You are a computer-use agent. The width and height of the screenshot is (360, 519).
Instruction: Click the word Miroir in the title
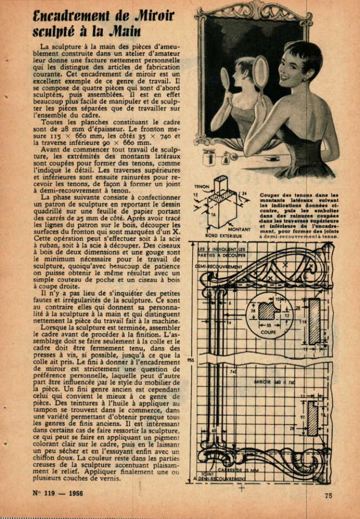145,16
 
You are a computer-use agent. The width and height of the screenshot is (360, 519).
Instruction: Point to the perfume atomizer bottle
227,159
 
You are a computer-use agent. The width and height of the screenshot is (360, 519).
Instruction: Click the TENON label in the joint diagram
202,187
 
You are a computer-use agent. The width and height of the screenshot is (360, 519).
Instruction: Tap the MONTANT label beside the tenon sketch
239,229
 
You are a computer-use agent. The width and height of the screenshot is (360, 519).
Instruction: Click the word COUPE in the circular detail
269,332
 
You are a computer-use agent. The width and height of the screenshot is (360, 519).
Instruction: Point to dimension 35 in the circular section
269,325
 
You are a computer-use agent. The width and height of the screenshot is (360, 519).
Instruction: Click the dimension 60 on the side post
213,430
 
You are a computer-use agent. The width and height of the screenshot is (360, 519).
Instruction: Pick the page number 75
328,496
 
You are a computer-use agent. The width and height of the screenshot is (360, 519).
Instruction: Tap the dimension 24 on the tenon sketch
244,194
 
